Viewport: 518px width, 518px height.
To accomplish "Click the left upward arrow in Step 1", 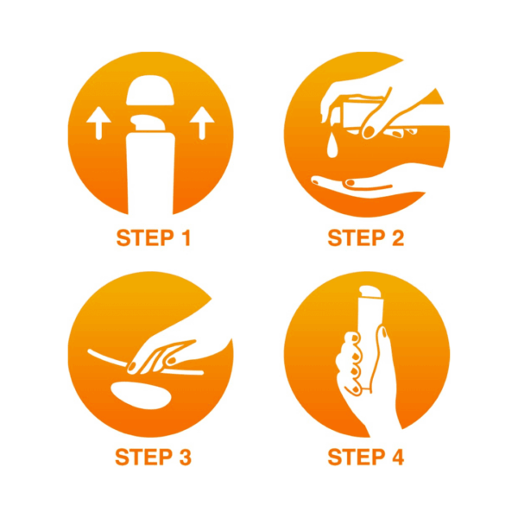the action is point(98,123).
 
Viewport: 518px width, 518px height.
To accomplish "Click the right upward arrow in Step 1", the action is point(202,123).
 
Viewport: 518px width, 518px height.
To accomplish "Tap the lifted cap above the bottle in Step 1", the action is point(150,90).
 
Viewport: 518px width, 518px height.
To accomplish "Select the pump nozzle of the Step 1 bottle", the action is point(148,123).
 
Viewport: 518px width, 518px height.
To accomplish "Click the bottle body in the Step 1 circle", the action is point(150,174).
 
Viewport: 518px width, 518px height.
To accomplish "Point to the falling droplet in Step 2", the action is point(332,144).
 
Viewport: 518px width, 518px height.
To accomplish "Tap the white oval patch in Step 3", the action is point(141,395).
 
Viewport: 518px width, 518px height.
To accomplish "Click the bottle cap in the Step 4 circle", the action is point(370,292).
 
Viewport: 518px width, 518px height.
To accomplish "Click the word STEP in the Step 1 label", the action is point(145,237).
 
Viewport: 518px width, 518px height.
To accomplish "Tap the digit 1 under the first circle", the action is point(186,237).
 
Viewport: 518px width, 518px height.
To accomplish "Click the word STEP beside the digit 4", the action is point(357,457).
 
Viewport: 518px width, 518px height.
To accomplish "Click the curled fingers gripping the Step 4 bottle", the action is point(352,363).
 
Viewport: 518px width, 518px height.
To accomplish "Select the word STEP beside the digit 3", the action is point(143,457).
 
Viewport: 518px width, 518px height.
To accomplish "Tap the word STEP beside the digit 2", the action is point(357,237).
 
